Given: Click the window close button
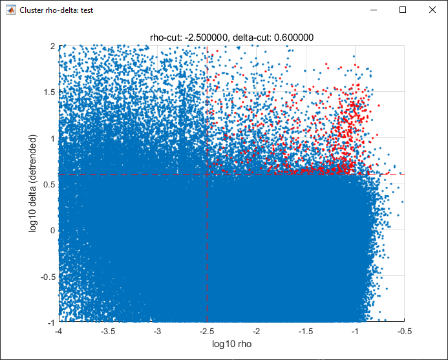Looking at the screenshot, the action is click(x=432, y=10).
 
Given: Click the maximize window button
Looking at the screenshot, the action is click(x=403, y=10).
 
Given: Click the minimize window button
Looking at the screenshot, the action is click(x=374, y=10).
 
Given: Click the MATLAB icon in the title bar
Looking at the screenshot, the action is click(x=11, y=10).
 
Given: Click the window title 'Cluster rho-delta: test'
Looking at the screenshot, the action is click(x=56, y=10).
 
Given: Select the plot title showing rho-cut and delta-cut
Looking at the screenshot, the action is click(x=231, y=37).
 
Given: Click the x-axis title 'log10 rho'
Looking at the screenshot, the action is click(x=231, y=344).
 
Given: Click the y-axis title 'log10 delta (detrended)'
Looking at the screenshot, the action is click(x=33, y=184).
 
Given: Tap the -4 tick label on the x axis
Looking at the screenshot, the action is click(x=59, y=332).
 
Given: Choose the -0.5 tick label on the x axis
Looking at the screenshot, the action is click(x=405, y=332).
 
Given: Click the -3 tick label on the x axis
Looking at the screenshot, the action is click(x=158, y=332).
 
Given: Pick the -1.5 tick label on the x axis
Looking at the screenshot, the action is click(x=306, y=332).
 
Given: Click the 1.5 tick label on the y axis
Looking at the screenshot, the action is click(x=49, y=92).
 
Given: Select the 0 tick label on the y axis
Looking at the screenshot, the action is click(x=53, y=230).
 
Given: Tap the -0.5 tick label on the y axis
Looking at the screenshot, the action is click(x=48, y=277).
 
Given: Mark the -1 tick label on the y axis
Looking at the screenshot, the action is click(x=52, y=323).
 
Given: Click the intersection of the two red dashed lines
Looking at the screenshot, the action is click(x=207, y=174).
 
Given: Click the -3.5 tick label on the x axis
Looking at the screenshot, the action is click(x=108, y=332).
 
